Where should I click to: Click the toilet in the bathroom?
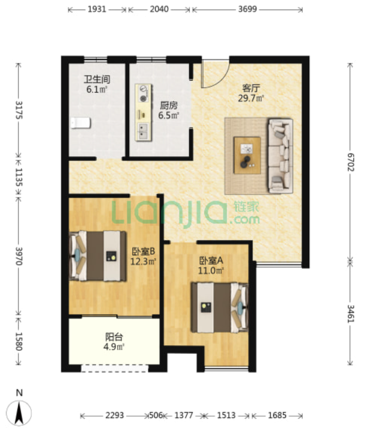[80, 123]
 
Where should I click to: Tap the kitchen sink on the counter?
[143, 131]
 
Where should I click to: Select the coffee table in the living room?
[247, 155]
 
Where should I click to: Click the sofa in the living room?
[280, 156]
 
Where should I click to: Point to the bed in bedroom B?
[97, 256]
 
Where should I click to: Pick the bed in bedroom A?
[220, 307]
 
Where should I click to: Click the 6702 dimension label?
[351, 162]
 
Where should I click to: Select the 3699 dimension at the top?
[247, 9]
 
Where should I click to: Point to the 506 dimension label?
[156, 415]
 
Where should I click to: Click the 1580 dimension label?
[19, 341]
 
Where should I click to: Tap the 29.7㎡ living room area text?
[251, 98]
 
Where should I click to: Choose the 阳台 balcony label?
[114, 337]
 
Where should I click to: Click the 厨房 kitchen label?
[169, 105]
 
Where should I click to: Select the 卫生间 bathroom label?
[97, 79]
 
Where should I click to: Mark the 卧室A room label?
[211, 260]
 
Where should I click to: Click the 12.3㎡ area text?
[144, 261]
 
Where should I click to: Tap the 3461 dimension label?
[351, 313]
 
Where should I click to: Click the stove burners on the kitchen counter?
[144, 93]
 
